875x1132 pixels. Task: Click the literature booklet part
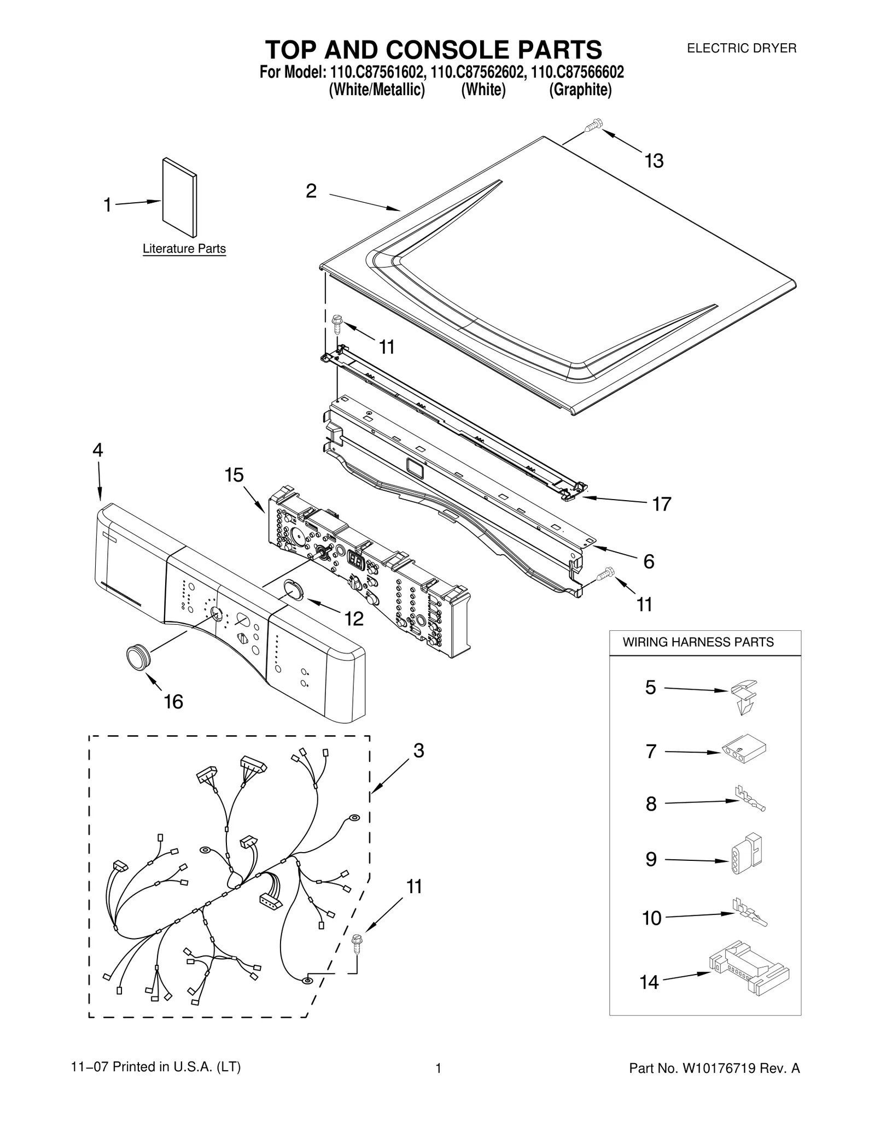coord(179,198)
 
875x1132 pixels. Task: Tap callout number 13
coord(654,161)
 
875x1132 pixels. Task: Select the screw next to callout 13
coord(593,126)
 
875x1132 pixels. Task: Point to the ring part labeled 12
coord(293,591)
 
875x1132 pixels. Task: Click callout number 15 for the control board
coord(234,475)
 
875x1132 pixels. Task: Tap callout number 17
coord(661,503)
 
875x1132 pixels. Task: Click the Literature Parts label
coord(184,249)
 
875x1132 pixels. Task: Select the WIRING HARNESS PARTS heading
coord(698,642)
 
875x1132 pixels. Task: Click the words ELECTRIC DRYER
coord(741,48)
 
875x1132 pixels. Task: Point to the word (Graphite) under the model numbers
coord(580,90)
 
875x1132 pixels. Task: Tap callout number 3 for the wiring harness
coord(418,750)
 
